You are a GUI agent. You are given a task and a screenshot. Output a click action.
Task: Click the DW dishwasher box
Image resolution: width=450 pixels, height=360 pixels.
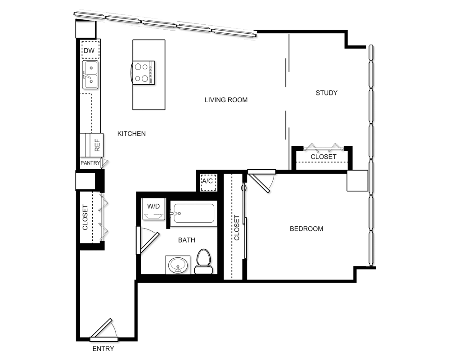[x=90, y=50]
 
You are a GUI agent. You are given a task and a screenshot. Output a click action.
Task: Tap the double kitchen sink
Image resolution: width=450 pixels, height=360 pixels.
[x=90, y=75]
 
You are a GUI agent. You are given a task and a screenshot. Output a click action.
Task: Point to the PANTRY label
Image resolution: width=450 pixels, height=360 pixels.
[x=90, y=163]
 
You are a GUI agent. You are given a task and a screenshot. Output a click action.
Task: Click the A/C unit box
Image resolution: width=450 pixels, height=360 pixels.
[x=208, y=182]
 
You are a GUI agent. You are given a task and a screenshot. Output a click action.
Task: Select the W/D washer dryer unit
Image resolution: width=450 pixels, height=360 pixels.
[x=153, y=209]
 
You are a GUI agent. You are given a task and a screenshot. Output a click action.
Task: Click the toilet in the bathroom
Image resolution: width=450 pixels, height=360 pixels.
[x=203, y=261]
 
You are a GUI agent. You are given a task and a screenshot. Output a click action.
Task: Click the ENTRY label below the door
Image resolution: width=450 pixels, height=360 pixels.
[x=103, y=349]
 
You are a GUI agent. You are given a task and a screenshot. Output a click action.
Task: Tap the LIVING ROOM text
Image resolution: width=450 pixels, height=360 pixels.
[x=226, y=100]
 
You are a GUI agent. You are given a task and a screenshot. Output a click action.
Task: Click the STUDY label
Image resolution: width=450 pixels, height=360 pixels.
[x=326, y=93]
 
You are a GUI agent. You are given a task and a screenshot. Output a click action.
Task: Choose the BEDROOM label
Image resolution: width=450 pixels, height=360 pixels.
[x=306, y=229]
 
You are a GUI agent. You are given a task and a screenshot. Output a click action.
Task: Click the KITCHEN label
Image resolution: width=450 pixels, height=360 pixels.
[x=131, y=134]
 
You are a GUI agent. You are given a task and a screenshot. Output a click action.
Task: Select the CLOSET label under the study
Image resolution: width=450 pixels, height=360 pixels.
[x=324, y=157]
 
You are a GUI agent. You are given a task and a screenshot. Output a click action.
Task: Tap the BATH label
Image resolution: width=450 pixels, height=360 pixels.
[x=186, y=240]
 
